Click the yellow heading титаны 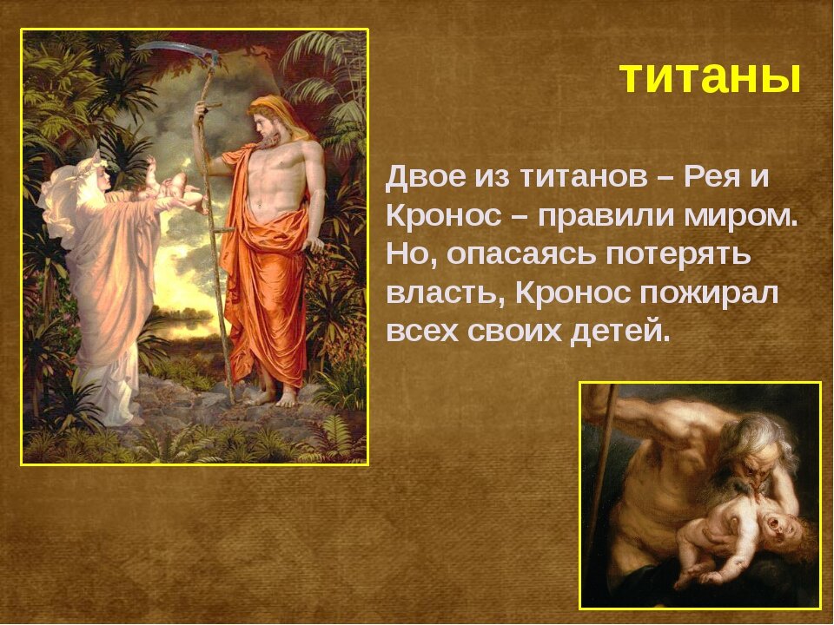710,77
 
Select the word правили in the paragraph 606,217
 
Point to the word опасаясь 520,255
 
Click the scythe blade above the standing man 175,50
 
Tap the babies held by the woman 171,186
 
